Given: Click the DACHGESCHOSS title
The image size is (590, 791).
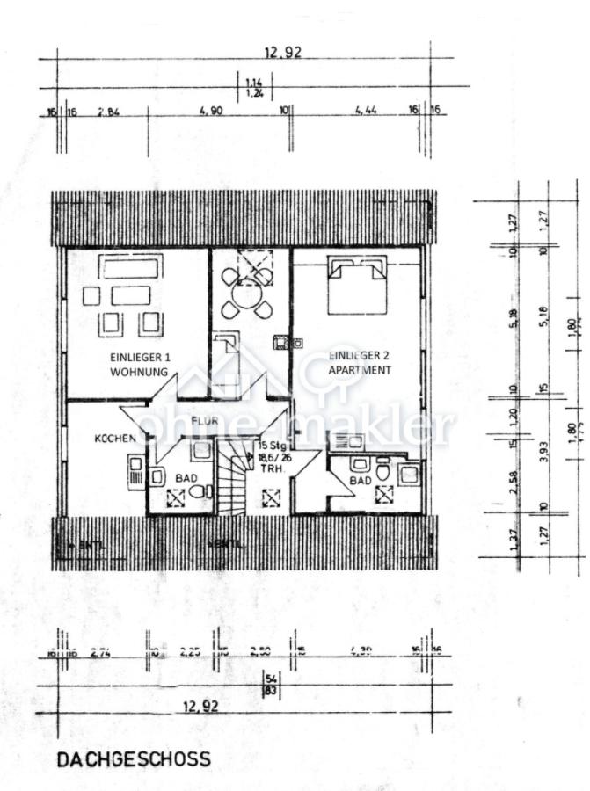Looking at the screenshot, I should coord(134,758).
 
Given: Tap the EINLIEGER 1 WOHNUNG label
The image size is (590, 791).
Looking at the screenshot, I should coord(139,365).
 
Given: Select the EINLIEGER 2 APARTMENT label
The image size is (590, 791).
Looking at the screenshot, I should coord(360,363).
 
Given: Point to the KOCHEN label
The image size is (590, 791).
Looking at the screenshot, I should coord(115,438).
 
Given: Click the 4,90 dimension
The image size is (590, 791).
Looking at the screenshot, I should coord(210,112).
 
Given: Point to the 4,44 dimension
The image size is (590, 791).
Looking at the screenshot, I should coord(366,112).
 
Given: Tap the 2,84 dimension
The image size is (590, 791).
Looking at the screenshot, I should coord(108,112).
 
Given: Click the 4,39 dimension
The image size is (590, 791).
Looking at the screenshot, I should coord(360,652).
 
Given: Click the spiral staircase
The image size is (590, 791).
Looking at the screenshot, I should coord(235,483).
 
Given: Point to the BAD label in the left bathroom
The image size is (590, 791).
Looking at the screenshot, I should coord(186,477).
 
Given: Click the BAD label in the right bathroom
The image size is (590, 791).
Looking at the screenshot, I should coord(360,482).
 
